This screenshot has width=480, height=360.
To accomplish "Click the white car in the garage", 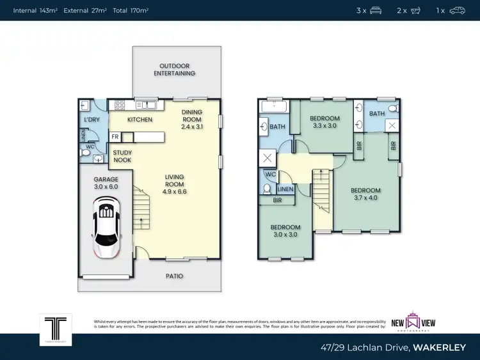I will pos(107,226).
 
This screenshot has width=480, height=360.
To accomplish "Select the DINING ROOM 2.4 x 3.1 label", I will pos(192,120).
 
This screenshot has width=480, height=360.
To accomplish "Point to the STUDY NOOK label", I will pos(122,156).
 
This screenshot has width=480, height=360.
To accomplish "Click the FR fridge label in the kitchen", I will pos(115,137).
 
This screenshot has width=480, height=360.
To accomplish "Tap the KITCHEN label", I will pos(140,120).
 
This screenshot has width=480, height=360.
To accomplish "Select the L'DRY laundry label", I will pos(92,120).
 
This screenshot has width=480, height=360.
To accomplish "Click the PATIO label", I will pos(174,276).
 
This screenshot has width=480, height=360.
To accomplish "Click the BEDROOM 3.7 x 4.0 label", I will pos(365,194).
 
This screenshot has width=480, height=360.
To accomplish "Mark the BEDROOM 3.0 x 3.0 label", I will pos(285,231).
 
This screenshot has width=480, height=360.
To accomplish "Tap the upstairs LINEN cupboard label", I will pos(286,189).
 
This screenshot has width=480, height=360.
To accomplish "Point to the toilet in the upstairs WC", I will pos(267,189).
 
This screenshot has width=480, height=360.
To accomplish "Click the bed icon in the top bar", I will pos(376,10).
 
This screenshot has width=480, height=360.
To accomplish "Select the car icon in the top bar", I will pos(457,10).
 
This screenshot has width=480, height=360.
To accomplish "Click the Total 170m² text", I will pos(131,11).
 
